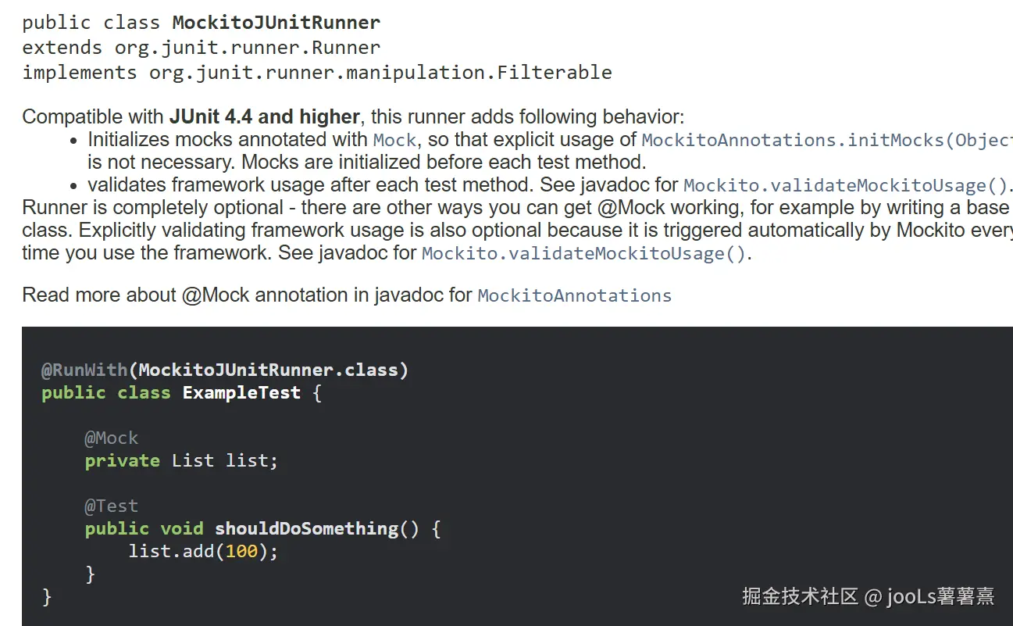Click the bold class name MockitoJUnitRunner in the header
276,22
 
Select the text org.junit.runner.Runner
248,47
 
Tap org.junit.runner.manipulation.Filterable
380,73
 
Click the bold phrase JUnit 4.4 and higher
264,117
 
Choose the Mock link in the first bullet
394,140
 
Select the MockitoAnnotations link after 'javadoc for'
574,295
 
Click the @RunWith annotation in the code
84,370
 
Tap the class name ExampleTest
241,392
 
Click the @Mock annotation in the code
111,438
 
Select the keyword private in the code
122,460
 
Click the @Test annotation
111,506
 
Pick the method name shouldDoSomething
306,528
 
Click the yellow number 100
241,551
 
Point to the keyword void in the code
182,528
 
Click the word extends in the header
62,47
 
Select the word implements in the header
79,73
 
